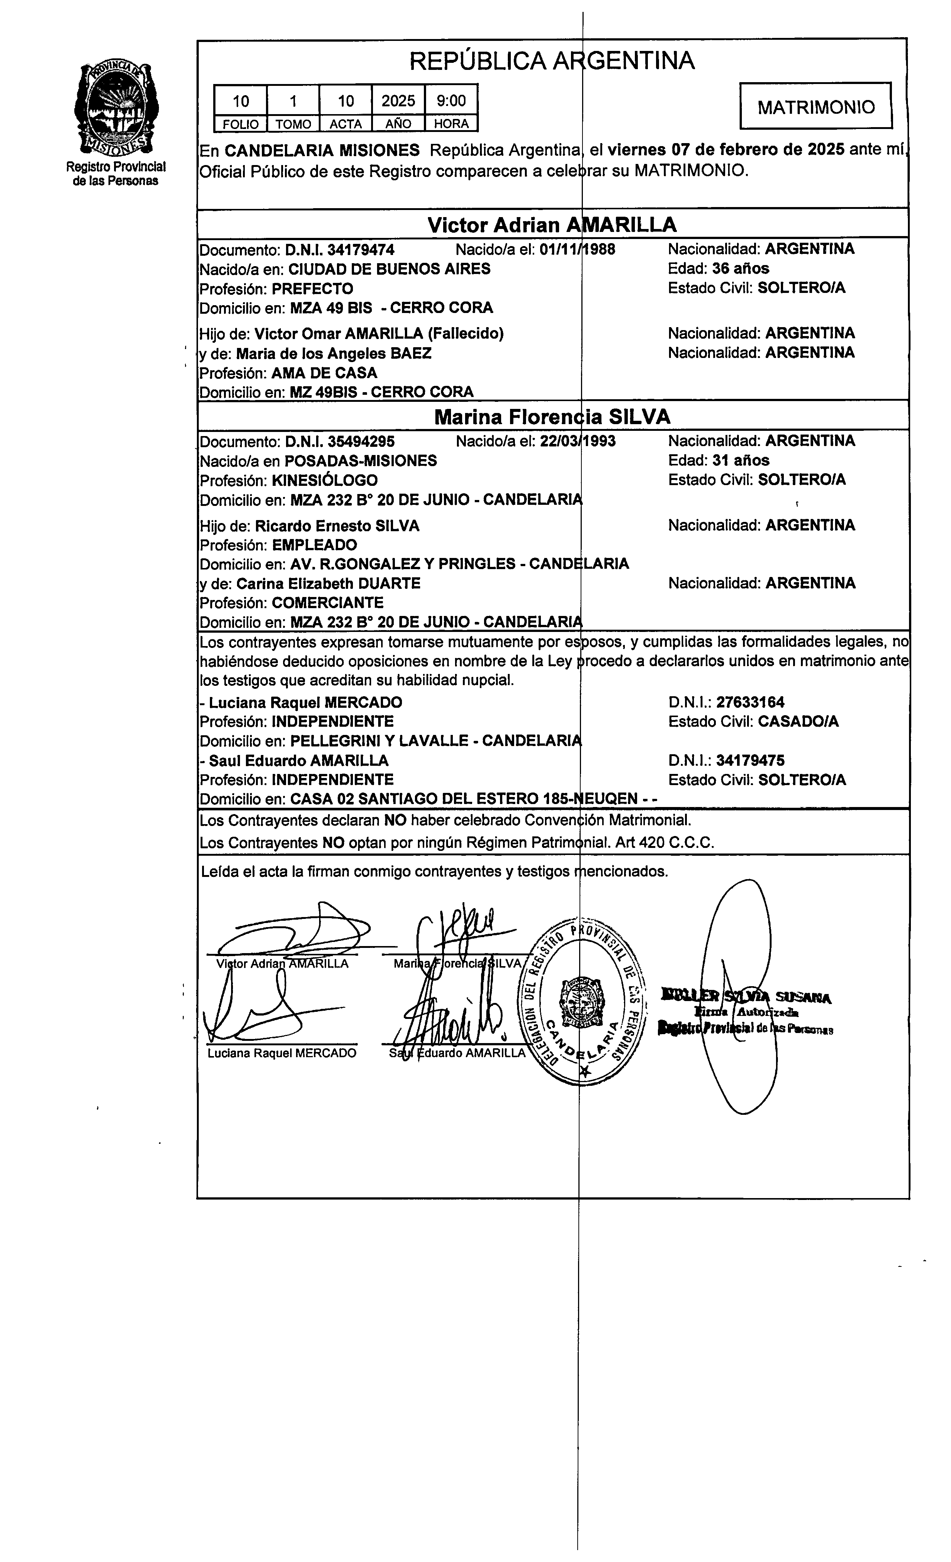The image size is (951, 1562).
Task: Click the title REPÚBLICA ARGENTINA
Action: tap(551, 61)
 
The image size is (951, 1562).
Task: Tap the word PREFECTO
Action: tap(312, 289)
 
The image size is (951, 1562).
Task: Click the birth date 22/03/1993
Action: tap(578, 441)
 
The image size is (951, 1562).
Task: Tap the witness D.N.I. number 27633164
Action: tap(750, 702)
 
